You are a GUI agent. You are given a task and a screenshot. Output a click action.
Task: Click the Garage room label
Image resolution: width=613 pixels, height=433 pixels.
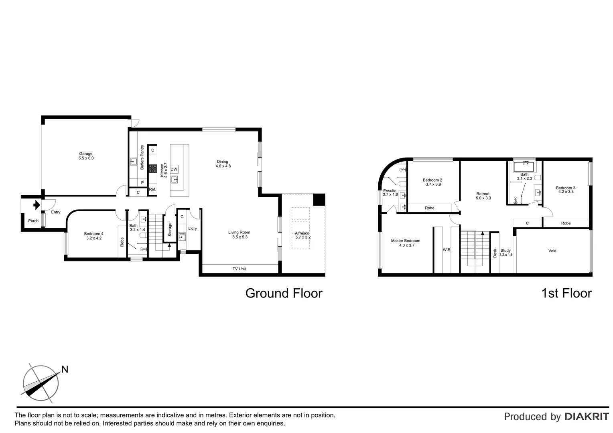(86, 154)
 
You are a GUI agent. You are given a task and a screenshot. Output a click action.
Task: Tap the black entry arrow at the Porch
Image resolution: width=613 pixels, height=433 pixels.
(36, 205)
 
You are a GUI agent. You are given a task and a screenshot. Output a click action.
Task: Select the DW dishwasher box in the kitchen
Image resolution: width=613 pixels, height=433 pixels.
(174, 169)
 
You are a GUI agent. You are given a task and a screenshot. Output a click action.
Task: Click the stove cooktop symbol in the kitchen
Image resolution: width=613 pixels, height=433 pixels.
(152, 169)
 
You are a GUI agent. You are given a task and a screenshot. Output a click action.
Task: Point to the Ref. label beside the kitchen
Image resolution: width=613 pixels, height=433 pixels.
(152, 189)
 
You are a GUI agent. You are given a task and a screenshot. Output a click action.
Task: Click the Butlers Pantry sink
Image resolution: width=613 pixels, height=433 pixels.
(133, 162)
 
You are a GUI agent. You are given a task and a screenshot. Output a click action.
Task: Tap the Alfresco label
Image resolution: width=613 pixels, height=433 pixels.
(303, 233)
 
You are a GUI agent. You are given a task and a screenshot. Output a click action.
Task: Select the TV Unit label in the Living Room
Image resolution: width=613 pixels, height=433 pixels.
(239, 269)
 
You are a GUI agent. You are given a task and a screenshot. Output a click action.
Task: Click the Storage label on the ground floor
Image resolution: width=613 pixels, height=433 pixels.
(170, 229)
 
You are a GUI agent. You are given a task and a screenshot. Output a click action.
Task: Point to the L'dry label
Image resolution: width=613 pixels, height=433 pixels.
(193, 229)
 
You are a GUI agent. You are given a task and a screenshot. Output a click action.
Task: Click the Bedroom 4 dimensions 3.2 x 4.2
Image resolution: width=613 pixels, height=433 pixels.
(94, 238)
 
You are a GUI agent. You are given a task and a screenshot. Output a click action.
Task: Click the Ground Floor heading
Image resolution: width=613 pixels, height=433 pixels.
(284, 293)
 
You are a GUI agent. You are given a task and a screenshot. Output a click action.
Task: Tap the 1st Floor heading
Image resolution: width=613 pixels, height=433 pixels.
(566, 293)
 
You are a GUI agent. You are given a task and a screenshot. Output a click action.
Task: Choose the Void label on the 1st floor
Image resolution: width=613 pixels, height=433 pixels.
(552, 251)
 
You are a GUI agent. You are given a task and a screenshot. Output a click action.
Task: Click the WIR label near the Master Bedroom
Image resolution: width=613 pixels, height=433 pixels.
(447, 250)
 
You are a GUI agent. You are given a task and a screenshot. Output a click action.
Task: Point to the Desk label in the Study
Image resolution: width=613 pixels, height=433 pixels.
(495, 253)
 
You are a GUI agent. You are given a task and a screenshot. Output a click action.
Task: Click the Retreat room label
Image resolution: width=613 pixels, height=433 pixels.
(483, 194)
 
